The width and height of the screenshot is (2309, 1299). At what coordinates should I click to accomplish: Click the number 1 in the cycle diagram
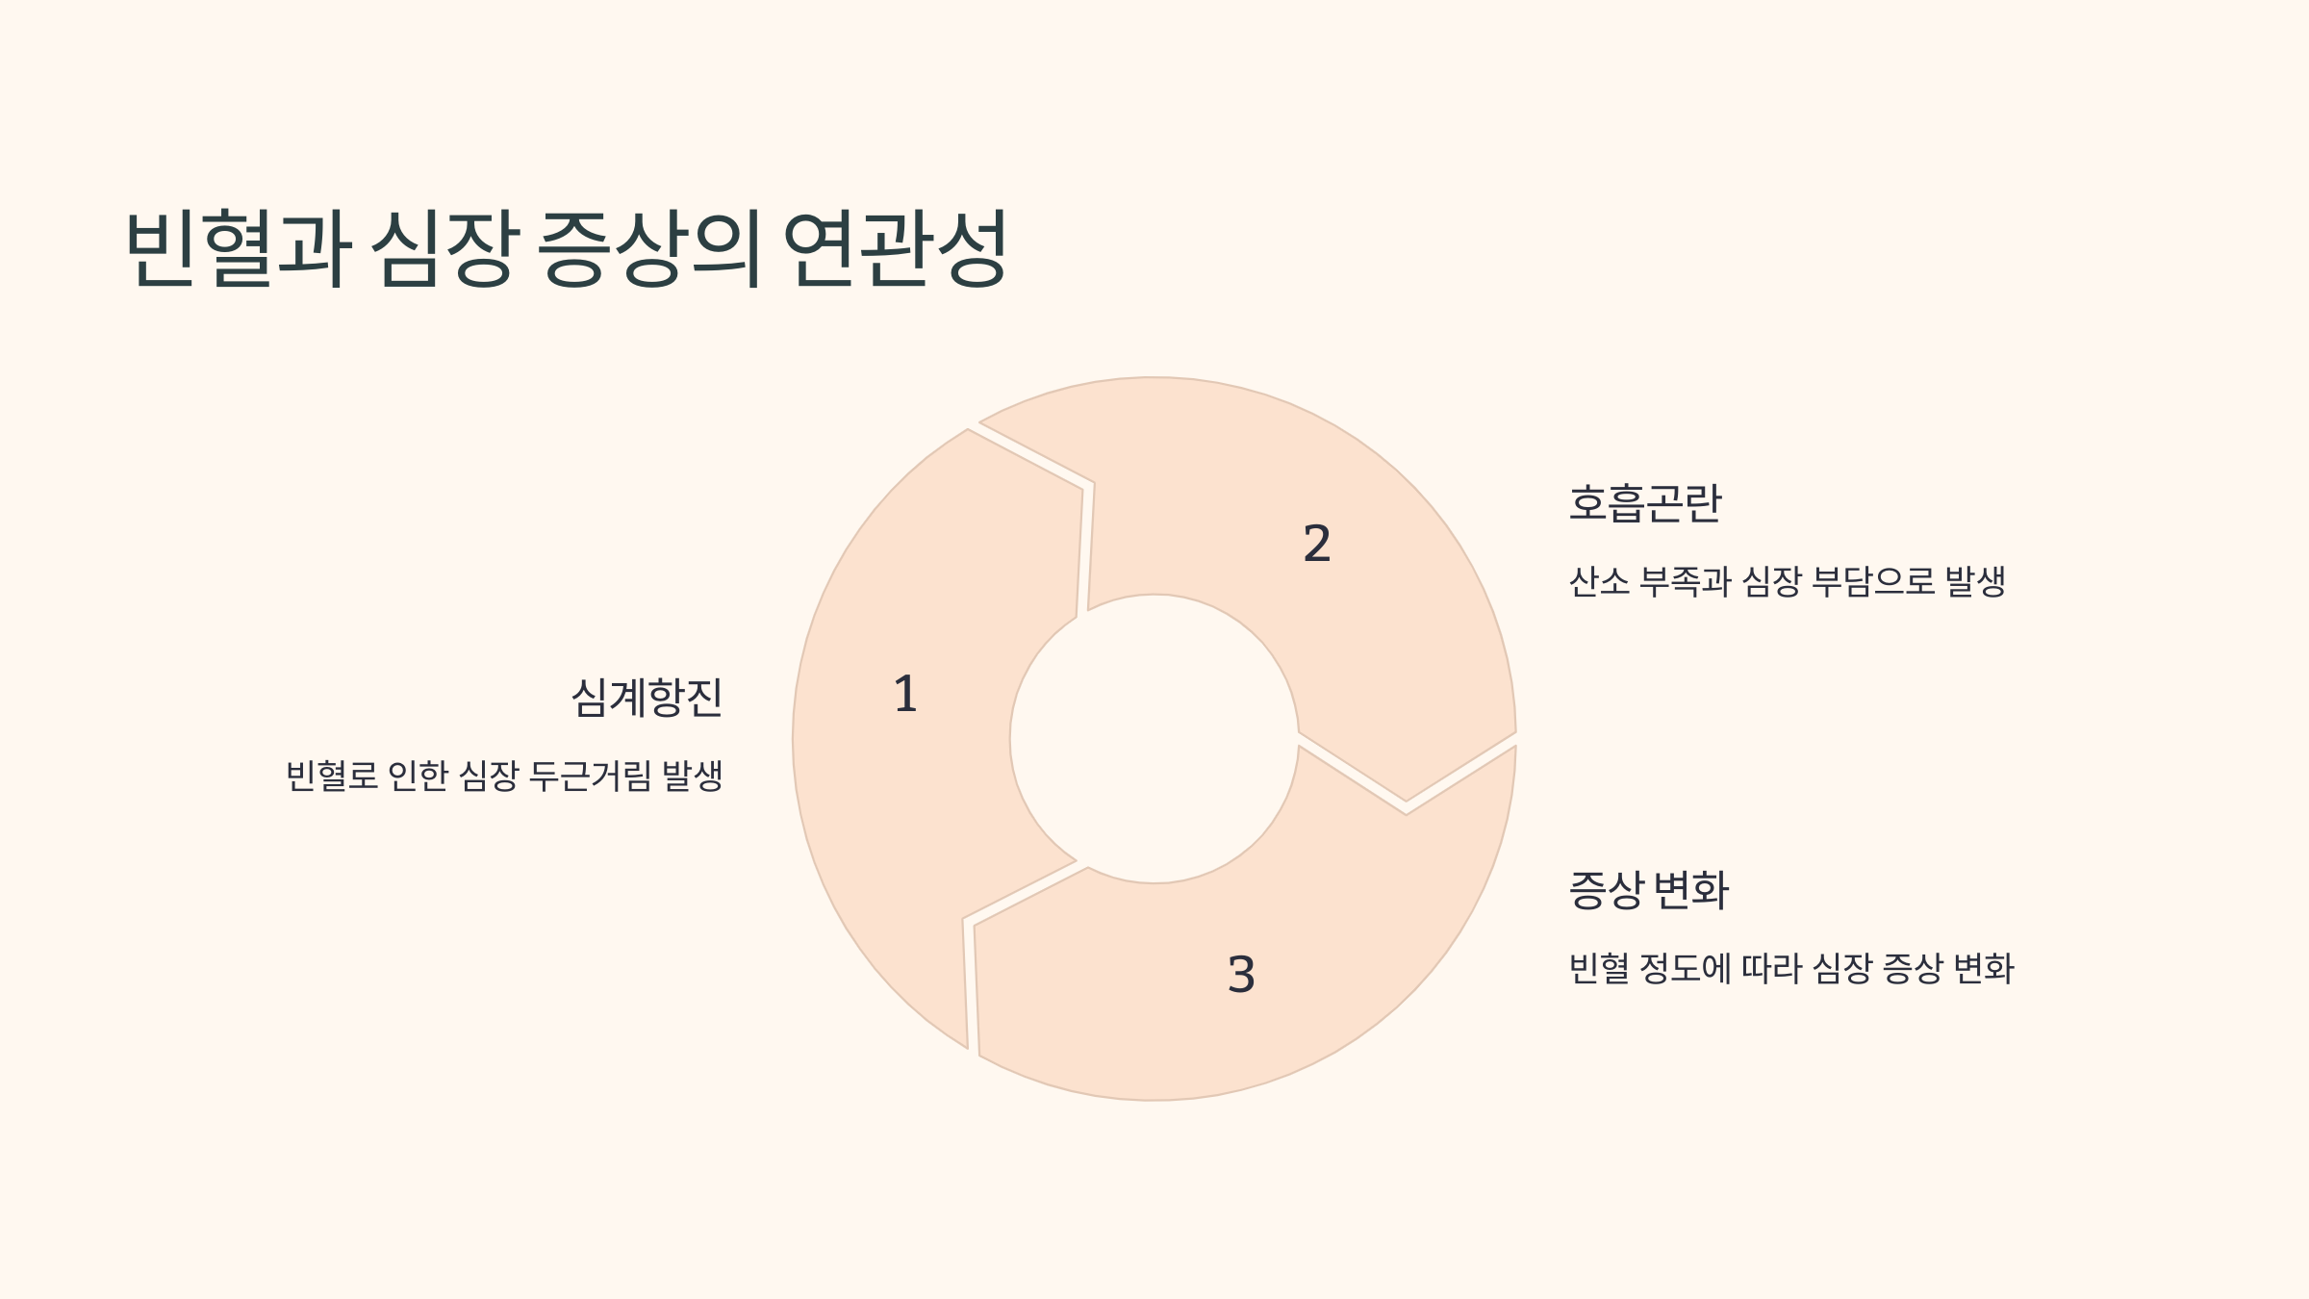(x=905, y=694)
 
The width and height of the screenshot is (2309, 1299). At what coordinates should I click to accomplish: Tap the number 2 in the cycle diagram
(x=1316, y=544)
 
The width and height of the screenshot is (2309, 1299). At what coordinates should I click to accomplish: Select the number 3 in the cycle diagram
(x=1241, y=974)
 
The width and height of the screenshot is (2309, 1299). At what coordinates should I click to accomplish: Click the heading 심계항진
(x=647, y=698)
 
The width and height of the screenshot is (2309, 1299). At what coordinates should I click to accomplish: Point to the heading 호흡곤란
(x=1644, y=503)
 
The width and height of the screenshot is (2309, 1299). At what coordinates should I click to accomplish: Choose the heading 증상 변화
(x=1648, y=890)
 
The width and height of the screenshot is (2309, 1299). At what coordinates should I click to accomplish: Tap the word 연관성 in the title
(x=895, y=248)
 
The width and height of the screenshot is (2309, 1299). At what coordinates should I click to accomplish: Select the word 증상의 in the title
(x=648, y=248)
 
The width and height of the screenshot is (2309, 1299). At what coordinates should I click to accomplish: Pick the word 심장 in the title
(x=444, y=248)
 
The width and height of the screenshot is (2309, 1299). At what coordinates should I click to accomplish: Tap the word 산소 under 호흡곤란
(x=1598, y=582)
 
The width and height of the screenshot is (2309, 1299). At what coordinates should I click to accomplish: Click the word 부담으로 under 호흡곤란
(x=1872, y=582)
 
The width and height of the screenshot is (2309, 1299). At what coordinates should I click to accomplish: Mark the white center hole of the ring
(x=1154, y=739)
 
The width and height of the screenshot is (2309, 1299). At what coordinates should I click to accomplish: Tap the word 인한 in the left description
(x=418, y=776)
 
